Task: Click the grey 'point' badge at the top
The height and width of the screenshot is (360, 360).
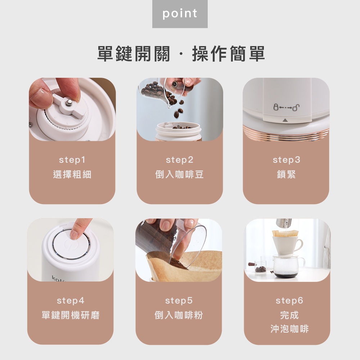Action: (x=180, y=14)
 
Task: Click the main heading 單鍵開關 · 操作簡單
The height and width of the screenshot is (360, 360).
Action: (x=181, y=54)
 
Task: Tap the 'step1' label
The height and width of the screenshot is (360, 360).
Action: (x=72, y=160)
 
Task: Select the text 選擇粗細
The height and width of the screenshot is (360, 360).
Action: (x=72, y=175)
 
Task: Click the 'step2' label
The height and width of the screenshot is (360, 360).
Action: (x=180, y=160)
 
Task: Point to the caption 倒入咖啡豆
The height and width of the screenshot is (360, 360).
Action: (x=180, y=175)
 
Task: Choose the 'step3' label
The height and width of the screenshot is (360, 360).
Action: (x=286, y=160)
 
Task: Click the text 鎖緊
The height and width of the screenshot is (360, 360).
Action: (x=286, y=175)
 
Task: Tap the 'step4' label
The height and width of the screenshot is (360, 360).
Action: (x=71, y=301)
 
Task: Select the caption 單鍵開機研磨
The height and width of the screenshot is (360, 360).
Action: (x=71, y=315)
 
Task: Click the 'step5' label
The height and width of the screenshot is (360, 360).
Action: (x=179, y=301)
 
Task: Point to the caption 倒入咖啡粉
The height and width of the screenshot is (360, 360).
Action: (x=179, y=315)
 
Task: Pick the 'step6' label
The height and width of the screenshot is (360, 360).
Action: (x=289, y=301)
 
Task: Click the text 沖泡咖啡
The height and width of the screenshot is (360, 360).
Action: (x=289, y=329)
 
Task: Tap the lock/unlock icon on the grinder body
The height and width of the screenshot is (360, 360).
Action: (x=286, y=107)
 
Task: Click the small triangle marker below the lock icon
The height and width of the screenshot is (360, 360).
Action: (x=285, y=120)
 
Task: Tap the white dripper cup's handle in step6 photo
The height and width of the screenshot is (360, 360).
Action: (x=299, y=245)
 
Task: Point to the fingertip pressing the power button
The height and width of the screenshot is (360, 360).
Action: (x=74, y=235)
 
